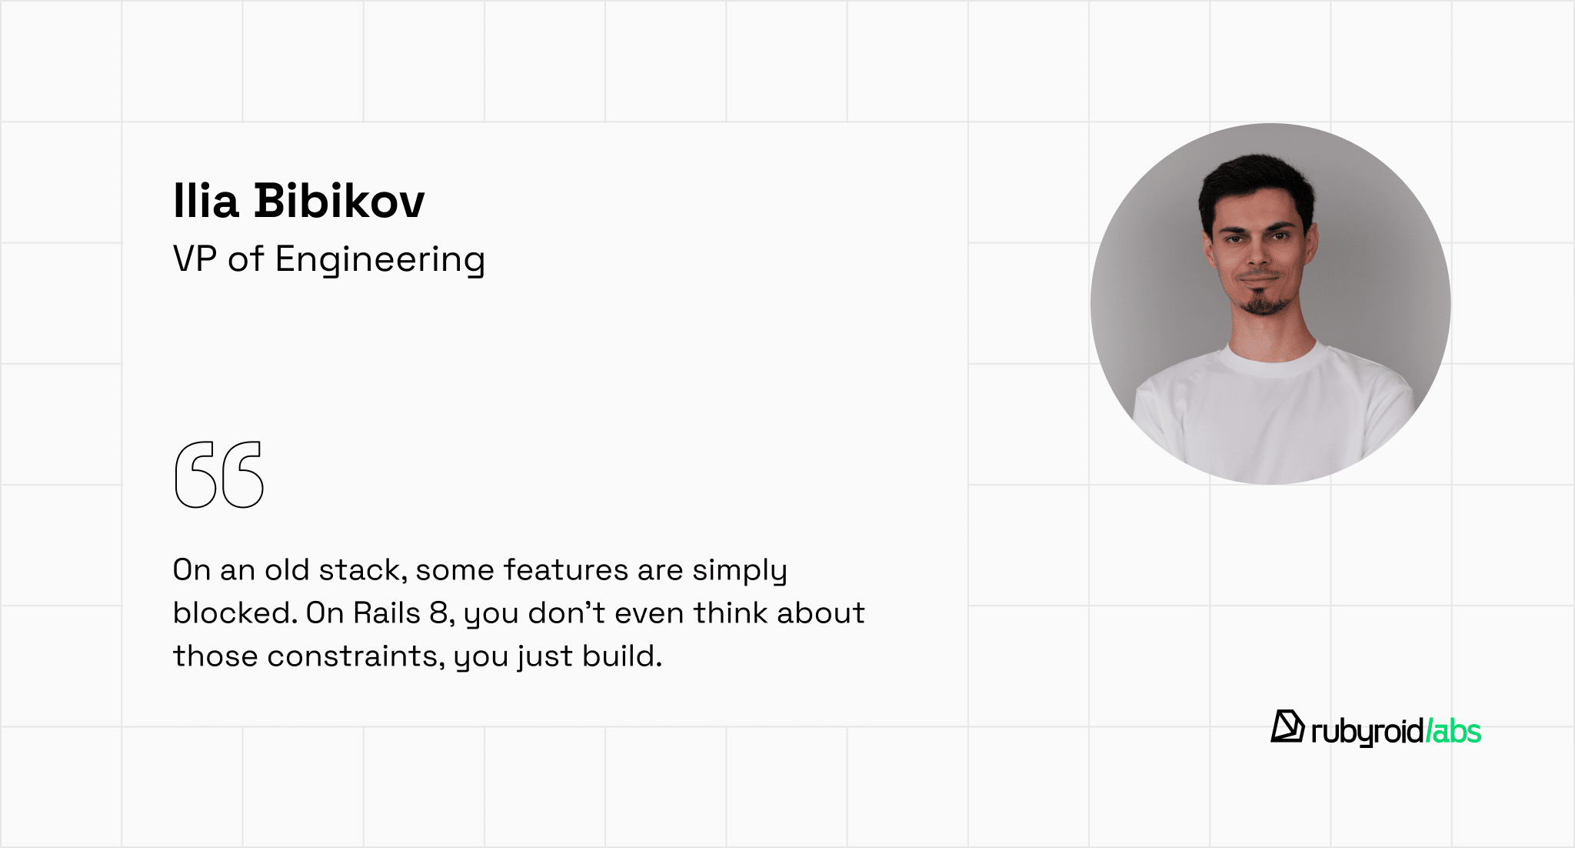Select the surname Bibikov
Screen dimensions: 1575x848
click(339, 201)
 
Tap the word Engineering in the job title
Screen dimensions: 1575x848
click(380, 260)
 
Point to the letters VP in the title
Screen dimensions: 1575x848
click(195, 259)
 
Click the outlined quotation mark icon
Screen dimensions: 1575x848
click(219, 475)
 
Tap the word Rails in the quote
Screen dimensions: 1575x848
click(387, 613)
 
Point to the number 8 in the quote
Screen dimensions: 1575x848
click(438, 613)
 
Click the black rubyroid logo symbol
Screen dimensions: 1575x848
click(1287, 727)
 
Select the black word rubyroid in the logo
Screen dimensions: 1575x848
click(1367, 732)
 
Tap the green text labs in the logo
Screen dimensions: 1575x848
click(1453, 731)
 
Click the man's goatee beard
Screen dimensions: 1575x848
click(1260, 301)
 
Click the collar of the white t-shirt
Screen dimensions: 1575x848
click(1273, 362)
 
